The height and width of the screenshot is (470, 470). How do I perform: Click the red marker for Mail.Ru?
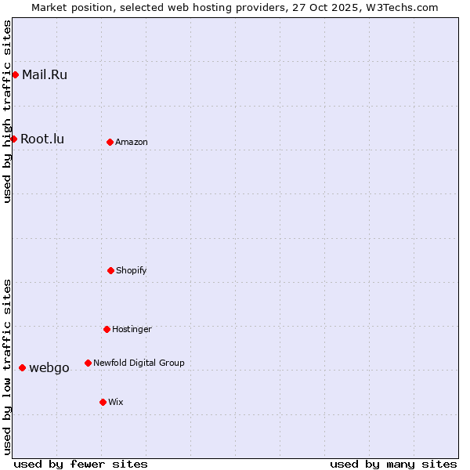click(x=15, y=75)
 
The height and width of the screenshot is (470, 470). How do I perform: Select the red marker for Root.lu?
click(x=13, y=139)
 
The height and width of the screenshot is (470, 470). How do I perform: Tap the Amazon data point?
click(x=110, y=142)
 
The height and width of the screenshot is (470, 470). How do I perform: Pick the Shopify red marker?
click(x=110, y=270)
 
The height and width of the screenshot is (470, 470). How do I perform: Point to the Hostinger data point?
click(x=107, y=329)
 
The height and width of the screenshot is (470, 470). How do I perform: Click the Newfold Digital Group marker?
click(x=88, y=363)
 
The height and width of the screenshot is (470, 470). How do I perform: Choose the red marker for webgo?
click(x=22, y=367)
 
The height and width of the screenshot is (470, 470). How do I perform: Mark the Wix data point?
click(x=103, y=402)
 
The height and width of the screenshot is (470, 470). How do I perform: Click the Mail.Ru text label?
click(x=45, y=75)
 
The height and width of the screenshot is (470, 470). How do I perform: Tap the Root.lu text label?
click(x=42, y=139)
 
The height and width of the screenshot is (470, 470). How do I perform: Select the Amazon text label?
click(x=132, y=142)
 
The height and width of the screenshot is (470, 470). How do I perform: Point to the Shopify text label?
click(x=132, y=270)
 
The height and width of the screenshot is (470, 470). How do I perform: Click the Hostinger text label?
click(x=132, y=329)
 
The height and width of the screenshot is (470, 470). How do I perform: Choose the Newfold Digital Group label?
click(x=139, y=363)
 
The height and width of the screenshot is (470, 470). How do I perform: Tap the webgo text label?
click(x=49, y=368)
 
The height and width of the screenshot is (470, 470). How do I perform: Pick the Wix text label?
click(x=116, y=402)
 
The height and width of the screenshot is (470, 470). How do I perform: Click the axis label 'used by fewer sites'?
click(x=81, y=464)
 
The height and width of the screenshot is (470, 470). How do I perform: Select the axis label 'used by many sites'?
click(x=393, y=464)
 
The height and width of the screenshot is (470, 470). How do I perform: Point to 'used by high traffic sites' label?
click(x=7, y=111)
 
